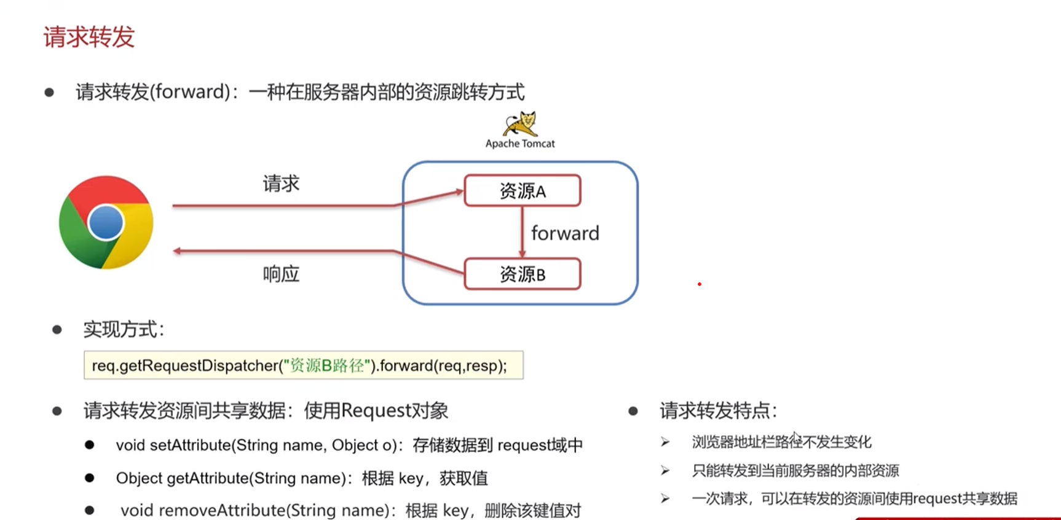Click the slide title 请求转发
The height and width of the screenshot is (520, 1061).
pyautogui.click(x=89, y=37)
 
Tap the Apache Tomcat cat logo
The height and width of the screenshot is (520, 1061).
pyautogui.click(x=521, y=123)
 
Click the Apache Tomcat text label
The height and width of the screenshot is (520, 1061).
pyautogui.click(x=520, y=144)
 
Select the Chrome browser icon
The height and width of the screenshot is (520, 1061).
pyautogui.click(x=106, y=222)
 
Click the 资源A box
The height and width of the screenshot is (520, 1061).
pyautogui.click(x=523, y=191)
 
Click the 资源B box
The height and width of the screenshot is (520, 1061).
pyautogui.click(x=523, y=274)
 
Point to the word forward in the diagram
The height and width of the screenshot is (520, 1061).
pyautogui.click(x=565, y=233)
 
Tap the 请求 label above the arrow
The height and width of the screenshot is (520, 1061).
pyautogui.click(x=281, y=184)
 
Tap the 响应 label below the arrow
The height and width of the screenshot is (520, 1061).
pyautogui.click(x=281, y=274)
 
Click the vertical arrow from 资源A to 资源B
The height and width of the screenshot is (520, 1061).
pyautogui.click(x=522, y=232)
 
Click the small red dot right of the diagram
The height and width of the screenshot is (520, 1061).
pyautogui.click(x=700, y=284)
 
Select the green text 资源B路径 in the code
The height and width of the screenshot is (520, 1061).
pyautogui.click(x=326, y=366)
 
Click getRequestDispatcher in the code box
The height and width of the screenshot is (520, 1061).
pyautogui.click(x=199, y=366)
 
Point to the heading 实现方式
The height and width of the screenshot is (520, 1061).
pyautogui.click(x=124, y=330)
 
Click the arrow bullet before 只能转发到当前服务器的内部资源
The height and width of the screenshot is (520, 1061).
pyautogui.click(x=665, y=471)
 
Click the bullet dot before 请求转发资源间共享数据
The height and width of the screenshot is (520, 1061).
pyautogui.click(x=57, y=411)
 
